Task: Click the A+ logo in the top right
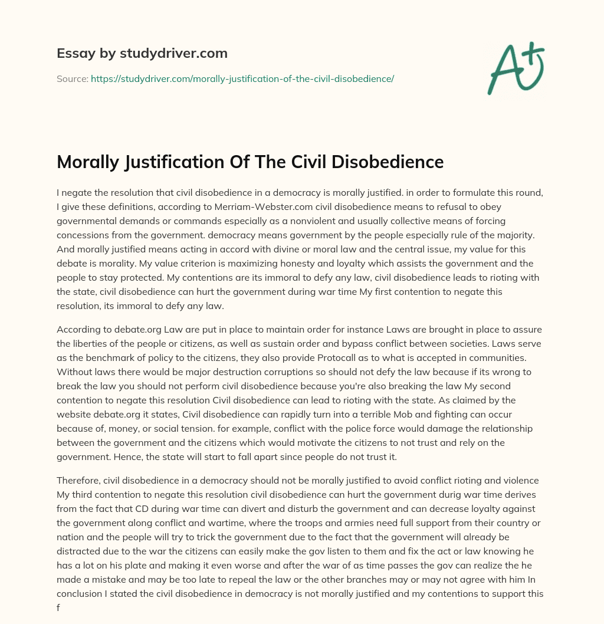click(516, 68)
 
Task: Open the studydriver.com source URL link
click(242, 78)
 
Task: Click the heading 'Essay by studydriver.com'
click(142, 53)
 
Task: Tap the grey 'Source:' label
click(72, 78)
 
